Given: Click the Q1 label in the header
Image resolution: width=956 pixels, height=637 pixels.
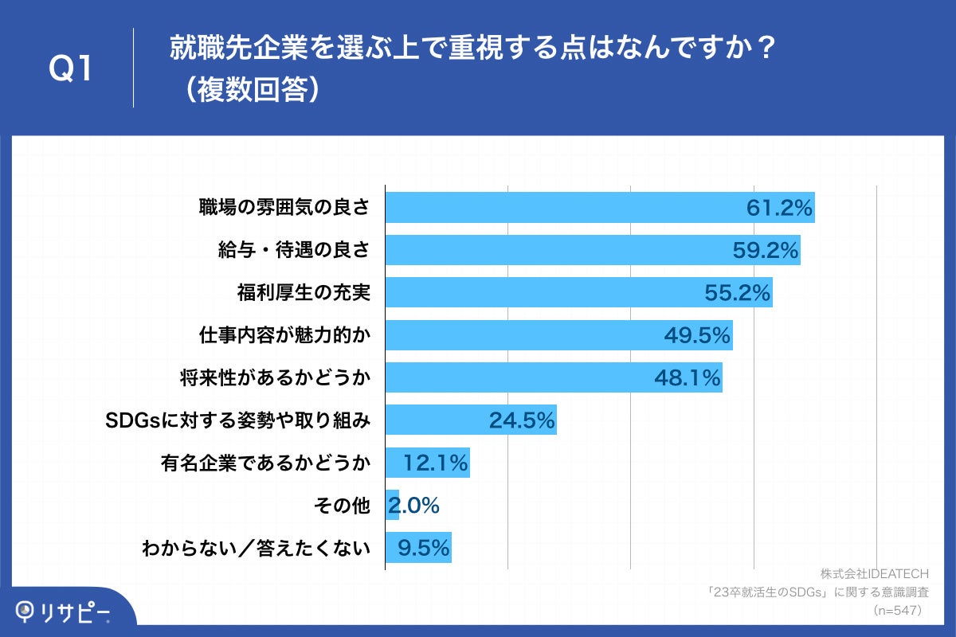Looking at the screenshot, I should click(72, 70).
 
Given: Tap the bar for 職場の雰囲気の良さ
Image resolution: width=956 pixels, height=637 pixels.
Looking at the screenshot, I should click(558, 208).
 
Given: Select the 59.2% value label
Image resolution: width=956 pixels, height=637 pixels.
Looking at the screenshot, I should click(766, 251).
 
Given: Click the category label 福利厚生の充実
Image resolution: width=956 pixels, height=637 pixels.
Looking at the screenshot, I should click(304, 293).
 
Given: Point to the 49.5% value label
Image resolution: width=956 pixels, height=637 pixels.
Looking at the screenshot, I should click(697, 335).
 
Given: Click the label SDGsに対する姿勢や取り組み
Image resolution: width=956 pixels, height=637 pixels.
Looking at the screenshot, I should click(238, 420).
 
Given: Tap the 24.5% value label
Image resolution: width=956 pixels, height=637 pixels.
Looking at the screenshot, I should click(522, 420).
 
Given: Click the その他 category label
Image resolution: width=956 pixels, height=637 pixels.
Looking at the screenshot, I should click(343, 505).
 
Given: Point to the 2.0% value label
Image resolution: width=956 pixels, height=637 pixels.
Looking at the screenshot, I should click(414, 505).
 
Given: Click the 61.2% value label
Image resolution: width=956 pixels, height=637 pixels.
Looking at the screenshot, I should click(779, 209).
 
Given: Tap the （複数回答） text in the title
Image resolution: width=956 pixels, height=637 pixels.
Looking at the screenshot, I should click(247, 90).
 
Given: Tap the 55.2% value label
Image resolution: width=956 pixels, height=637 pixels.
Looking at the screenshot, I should click(738, 293).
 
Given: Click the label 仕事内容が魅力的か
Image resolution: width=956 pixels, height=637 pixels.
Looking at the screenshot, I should click(284, 335).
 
